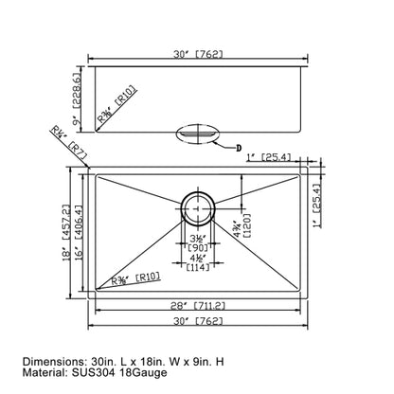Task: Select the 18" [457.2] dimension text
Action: pyautogui.click(x=67, y=233)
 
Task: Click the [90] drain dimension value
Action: pyautogui.click(x=197, y=248)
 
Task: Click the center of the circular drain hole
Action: pyautogui.click(x=197, y=204)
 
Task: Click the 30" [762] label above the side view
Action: pyautogui.click(x=197, y=54)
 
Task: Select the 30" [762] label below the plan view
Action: pyautogui.click(x=197, y=323)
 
